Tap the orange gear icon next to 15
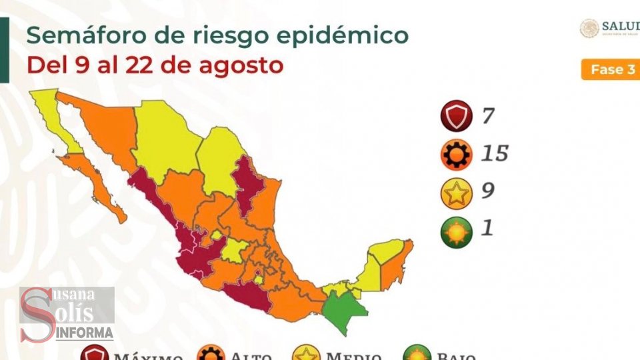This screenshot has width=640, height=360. (456, 155)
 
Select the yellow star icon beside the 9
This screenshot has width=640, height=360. (456, 193)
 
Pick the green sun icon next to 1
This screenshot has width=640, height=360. (456, 231)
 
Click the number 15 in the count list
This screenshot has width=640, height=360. (494, 154)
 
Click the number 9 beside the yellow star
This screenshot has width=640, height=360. (487, 191)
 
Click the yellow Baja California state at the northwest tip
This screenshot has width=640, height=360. (53, 117)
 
